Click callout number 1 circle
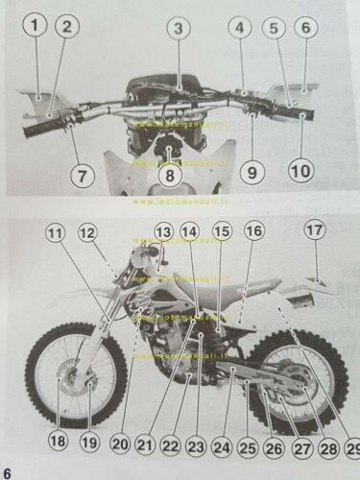pyautogui.click(x=36, y=28)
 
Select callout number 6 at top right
pyautogui.click(x=304, y=29)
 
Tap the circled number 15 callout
pyautogui.click(x=222, y=231)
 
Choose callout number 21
pyautogui.click(x=144, y=444)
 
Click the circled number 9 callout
pyautogui.click(x=252, y=174)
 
